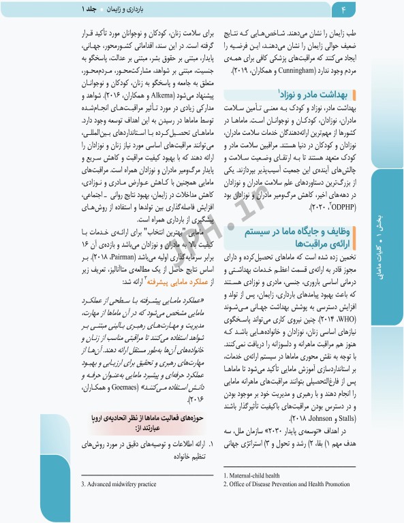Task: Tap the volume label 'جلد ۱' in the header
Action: pyautogui.click(x=89, y=10)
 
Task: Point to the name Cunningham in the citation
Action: pyautogui.click(x=304, y=70)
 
